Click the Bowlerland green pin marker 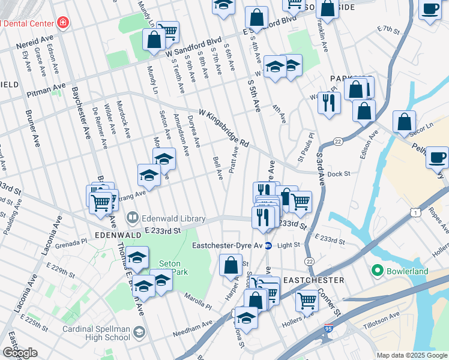(x=377, y=271)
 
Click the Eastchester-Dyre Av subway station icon (x=269, y=245)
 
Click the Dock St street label (x=338, y=174)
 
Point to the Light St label (x=289, y=245)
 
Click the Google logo (x=20, y=353)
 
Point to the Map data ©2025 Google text (x=411, y=355)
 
